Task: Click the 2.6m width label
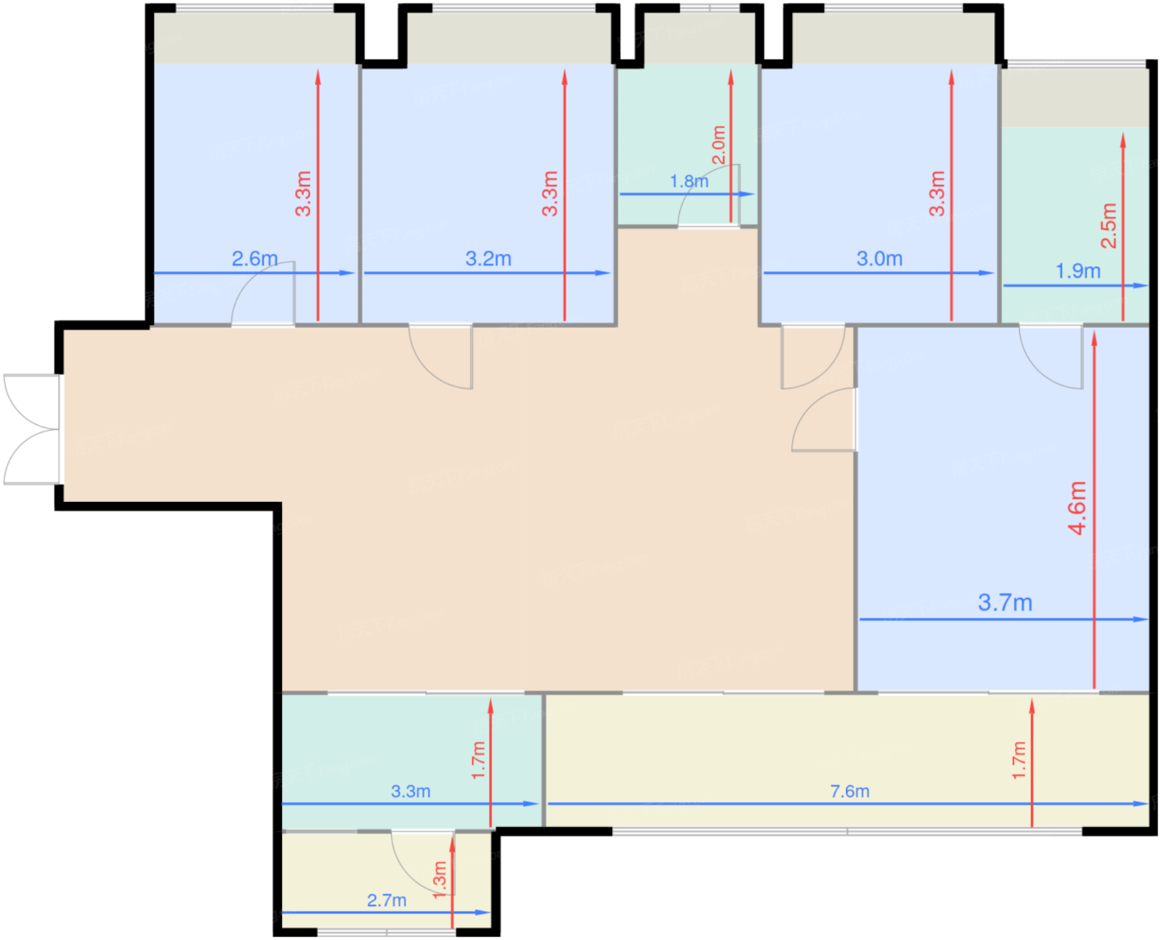click(255, 258)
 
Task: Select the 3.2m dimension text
click(488, 258)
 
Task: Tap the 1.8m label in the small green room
click(689, 181)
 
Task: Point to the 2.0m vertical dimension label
click(718, 144)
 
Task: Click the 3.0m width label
click(879, 258)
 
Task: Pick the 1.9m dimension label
click(1077, 270)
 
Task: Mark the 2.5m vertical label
click(1109, 225)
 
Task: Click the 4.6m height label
click(1076, 507)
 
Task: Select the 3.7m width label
click(1004, 602)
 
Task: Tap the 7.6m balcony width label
click(849, 791)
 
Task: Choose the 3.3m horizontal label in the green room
click(410, 791)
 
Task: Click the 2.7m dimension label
click(386, 899)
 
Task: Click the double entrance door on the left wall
click(32, 429)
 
